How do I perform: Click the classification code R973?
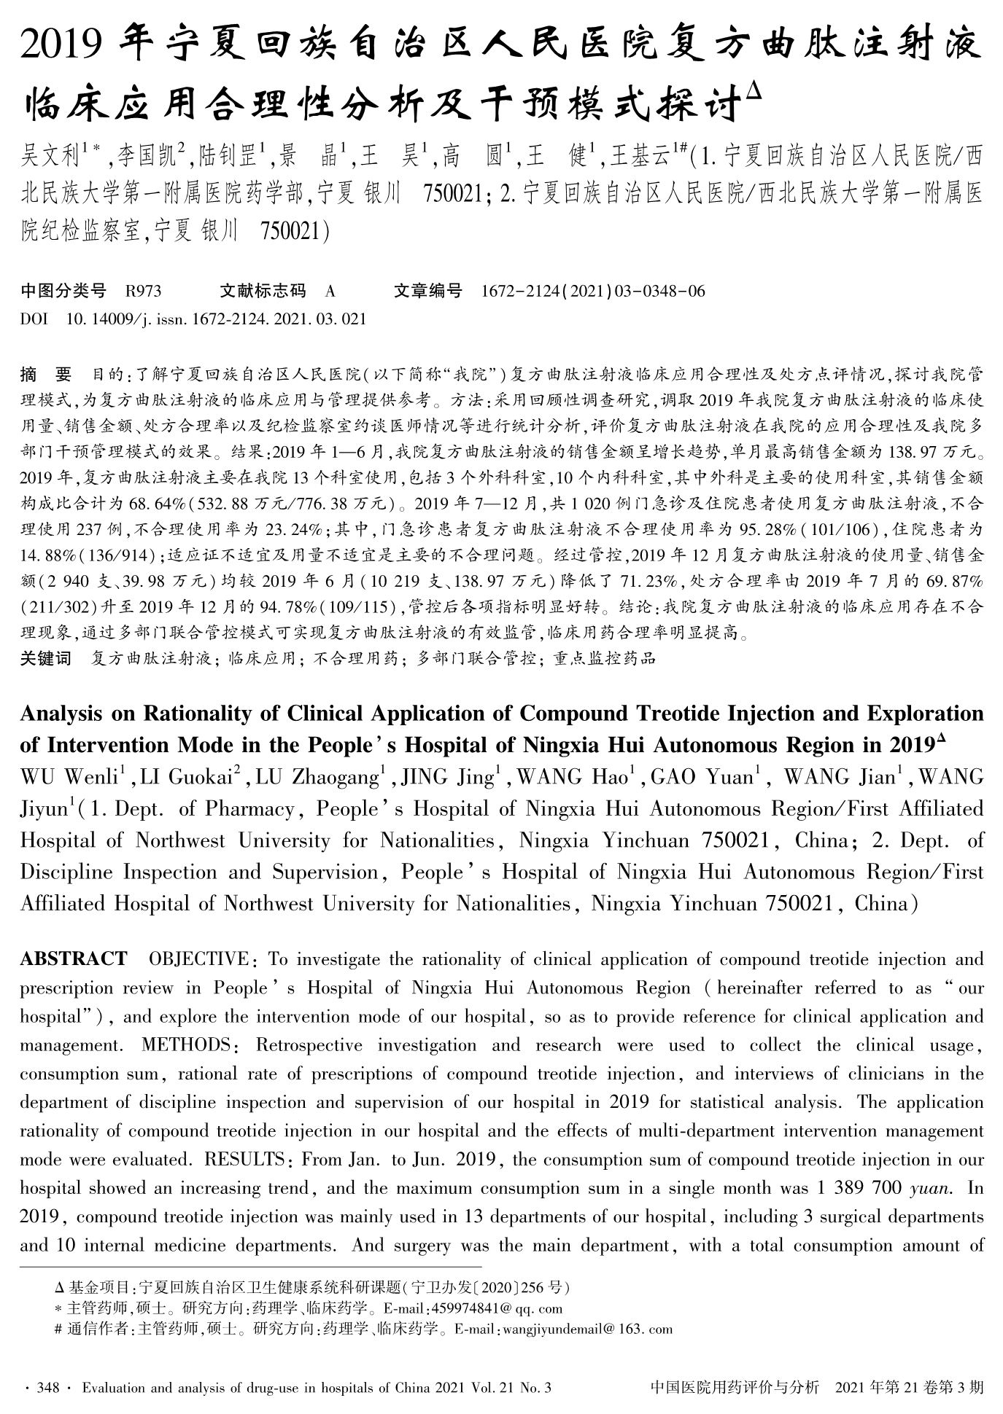coord(143,292)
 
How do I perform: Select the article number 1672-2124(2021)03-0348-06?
coord(594,292)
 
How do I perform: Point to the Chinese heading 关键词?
coord(45,658)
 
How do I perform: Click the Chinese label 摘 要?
coord(45,375)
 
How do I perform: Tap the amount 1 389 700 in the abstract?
coord(858,1188)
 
